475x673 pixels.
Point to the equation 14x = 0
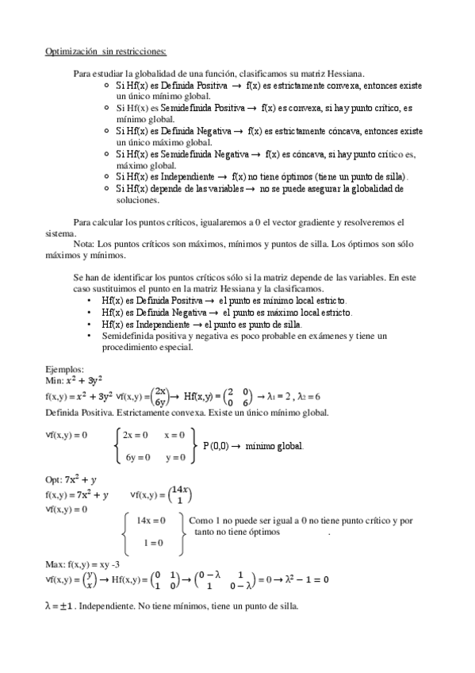click(151, 521)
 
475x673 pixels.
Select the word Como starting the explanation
click(201, 521)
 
